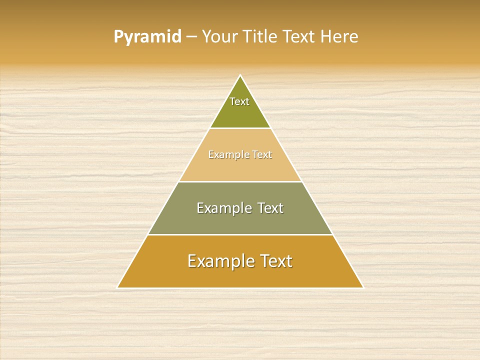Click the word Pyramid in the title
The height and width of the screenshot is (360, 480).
click(x=147, y=37)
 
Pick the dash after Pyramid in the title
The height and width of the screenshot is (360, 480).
click(x=191, y=37)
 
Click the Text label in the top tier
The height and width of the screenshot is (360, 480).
click(x=239, y=101)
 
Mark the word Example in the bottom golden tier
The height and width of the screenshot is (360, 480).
click(x=219, y=261)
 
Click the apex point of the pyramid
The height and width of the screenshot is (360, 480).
click(x=240, y=75)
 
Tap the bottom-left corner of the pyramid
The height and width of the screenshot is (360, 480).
click(x=117, y=287)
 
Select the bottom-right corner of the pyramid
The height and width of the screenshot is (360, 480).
click(x=363, y=287)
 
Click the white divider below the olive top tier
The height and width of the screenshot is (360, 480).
click(x=240, y=128)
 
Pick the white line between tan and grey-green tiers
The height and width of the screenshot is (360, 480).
click(x=240, y=181)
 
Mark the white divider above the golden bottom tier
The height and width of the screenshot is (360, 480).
click(x=240, y=234)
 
